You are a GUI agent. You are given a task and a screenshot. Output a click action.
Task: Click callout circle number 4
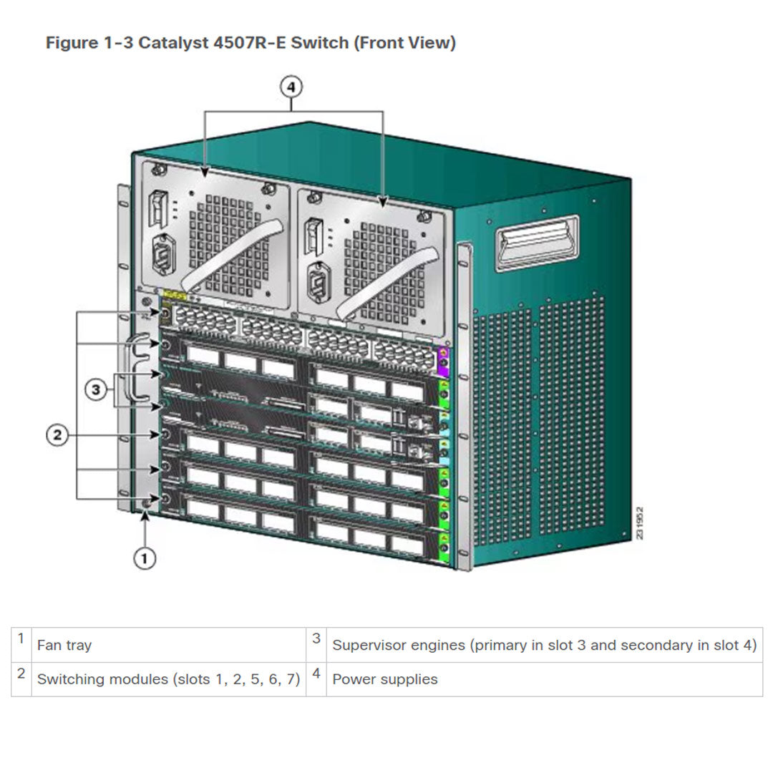(291, 87)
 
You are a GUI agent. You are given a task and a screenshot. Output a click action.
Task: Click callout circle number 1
(145, 558)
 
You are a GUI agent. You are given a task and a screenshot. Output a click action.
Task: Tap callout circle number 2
(59, 434)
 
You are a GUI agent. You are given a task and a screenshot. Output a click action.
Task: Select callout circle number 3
(97, 390)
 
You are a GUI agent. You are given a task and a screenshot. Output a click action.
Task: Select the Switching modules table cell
(168, 679)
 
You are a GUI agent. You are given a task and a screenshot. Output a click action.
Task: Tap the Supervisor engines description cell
(544, 645)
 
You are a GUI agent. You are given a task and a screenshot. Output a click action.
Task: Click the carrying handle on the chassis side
(538, 243)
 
